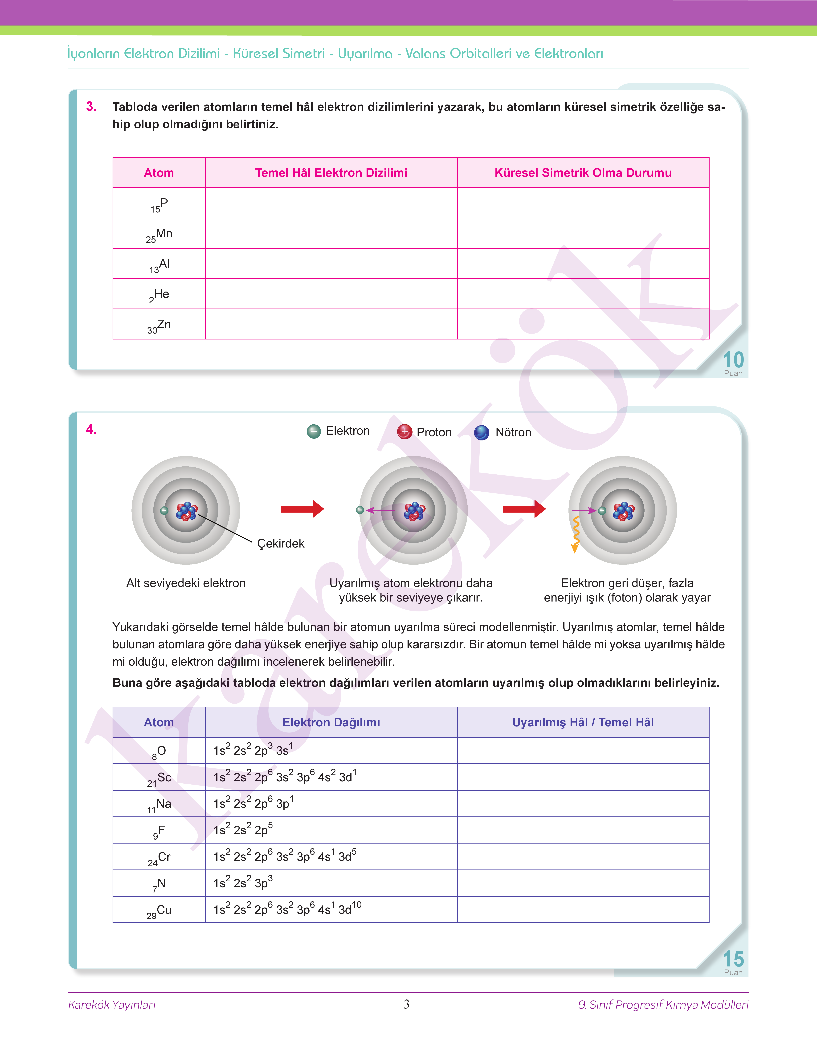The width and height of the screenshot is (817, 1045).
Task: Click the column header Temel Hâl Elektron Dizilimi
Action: click(x=331, y=173)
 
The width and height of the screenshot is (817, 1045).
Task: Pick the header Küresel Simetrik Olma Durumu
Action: click(x=583, y=173)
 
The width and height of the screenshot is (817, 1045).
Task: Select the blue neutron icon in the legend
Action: click(x=481, y=432)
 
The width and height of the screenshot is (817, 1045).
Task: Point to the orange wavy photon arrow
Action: click(x=576, y=534)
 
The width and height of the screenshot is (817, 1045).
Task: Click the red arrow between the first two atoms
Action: click(x=302, y=509)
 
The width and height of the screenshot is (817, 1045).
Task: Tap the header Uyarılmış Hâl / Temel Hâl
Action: click(x=583, y=722)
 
